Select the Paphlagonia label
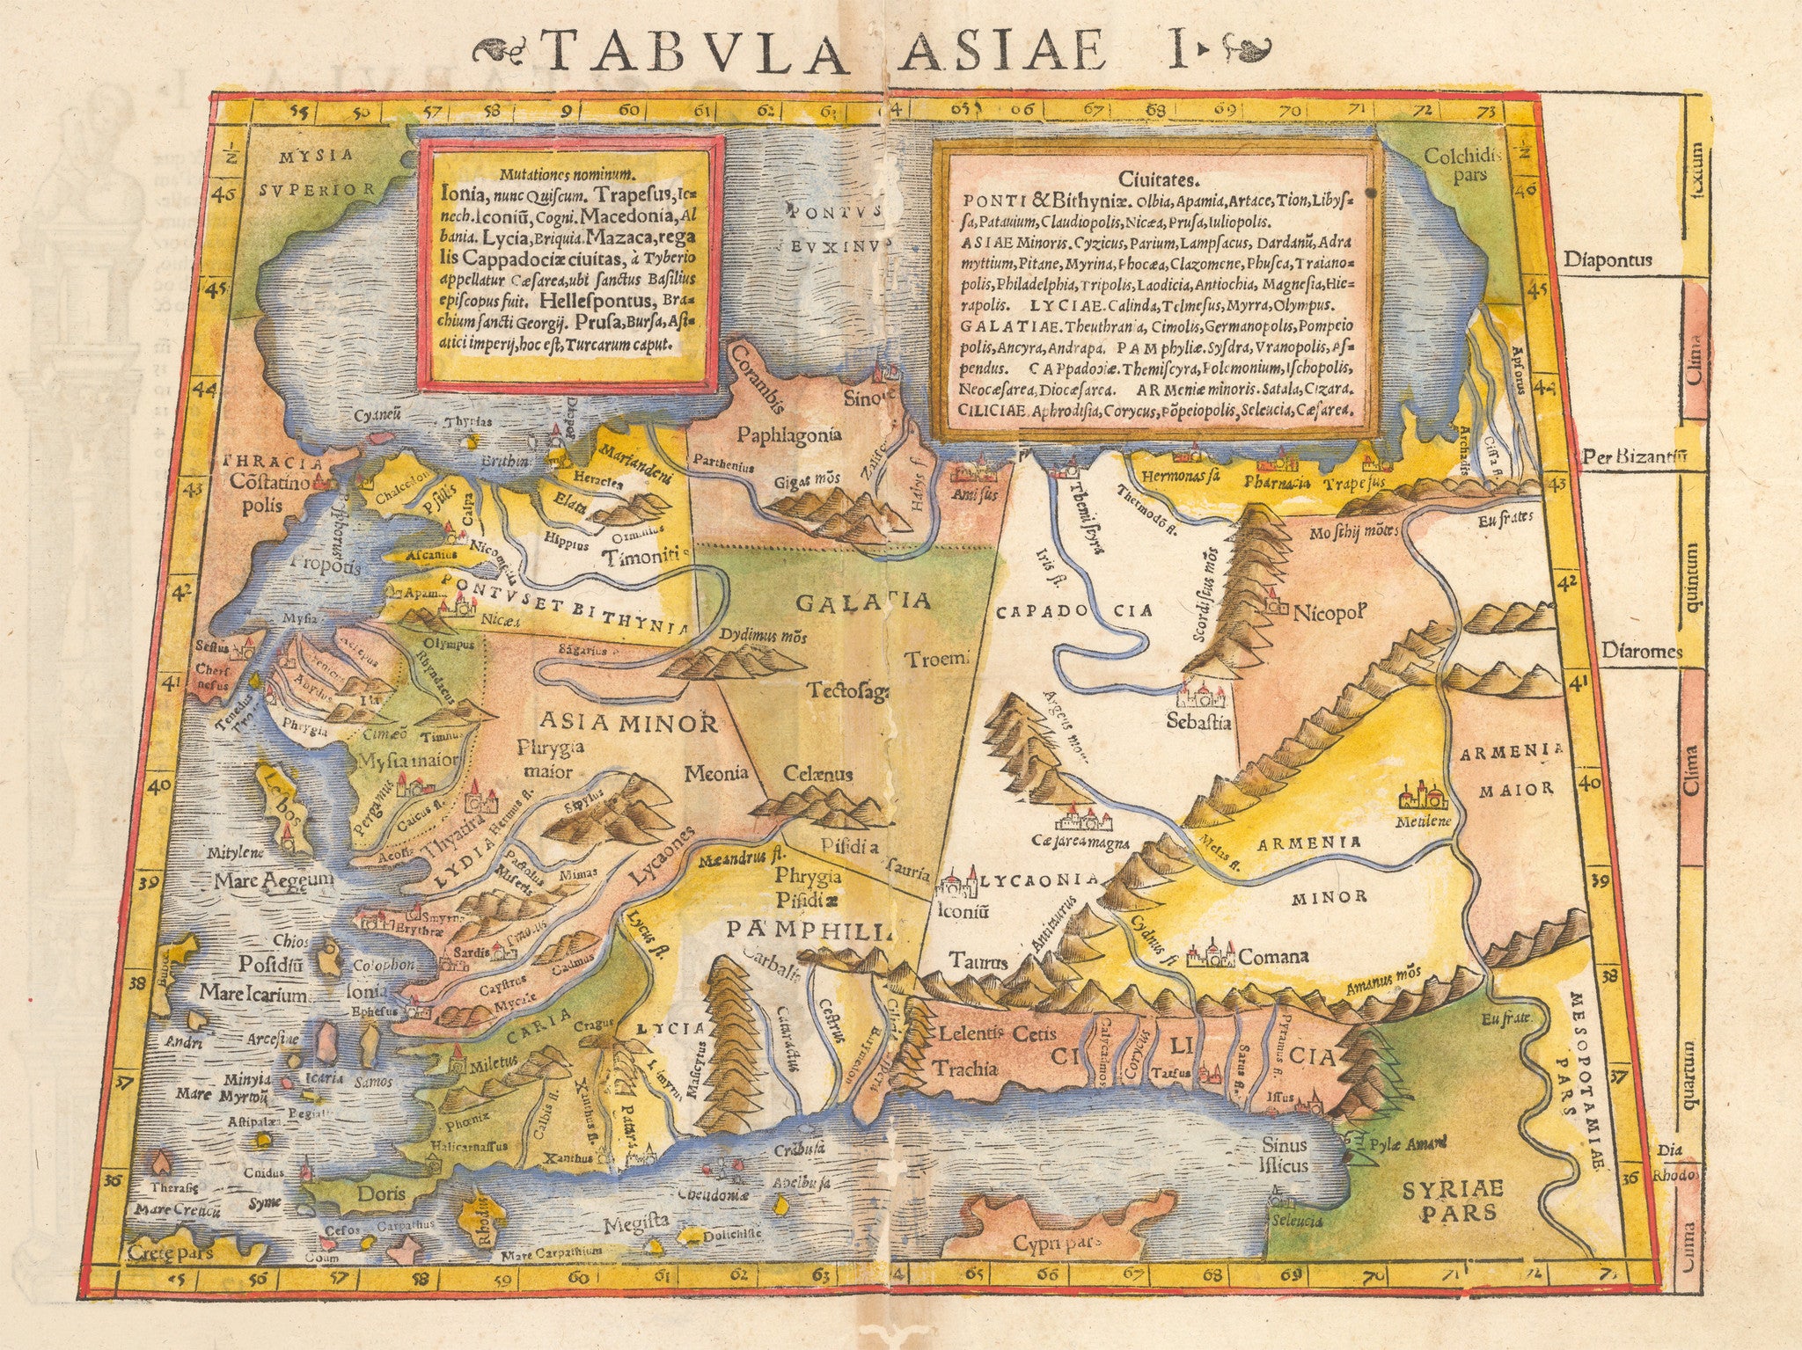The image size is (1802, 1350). (789, 434)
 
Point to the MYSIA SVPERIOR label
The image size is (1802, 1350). (318, 172)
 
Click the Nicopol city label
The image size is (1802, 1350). (1329, 610)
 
